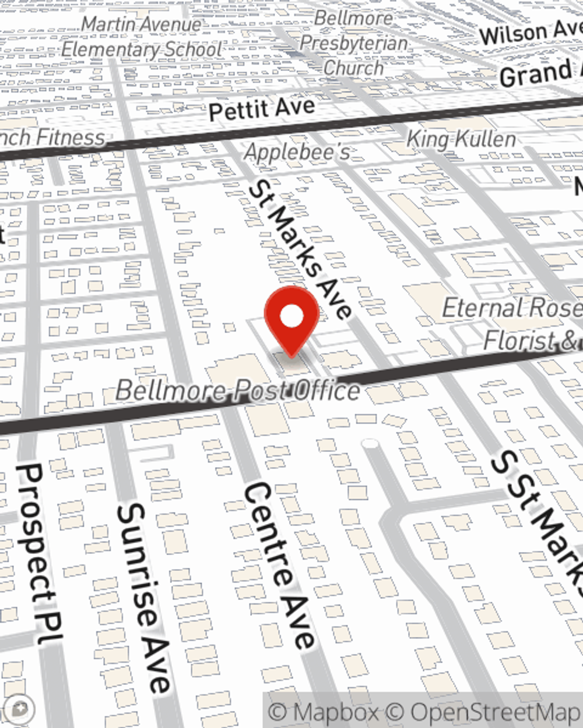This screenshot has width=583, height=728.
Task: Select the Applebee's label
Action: pos(297,152)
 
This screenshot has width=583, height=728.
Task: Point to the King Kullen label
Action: pos(461,140)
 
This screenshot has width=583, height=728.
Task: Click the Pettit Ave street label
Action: pos(262,109)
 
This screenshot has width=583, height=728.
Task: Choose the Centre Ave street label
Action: pos(278,565)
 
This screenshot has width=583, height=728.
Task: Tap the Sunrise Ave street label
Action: pos(143,597)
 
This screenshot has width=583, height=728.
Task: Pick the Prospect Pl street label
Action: pos(38,553)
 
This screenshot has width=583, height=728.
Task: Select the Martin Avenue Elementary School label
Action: pos(142,37)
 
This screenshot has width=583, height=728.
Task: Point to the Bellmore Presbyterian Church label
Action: pos(353,43)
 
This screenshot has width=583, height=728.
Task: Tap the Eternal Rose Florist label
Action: pos(513,323)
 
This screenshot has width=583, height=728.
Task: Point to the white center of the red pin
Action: pos(291,317)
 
